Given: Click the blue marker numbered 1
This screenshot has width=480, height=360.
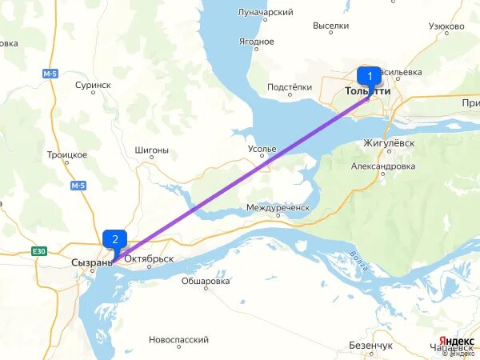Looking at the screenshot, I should point(369,77).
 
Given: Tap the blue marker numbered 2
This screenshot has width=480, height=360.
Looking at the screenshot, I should point(115,238).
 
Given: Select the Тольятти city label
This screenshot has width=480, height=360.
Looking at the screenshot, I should point(368,91).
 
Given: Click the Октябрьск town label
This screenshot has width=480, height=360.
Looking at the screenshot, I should point(149,259).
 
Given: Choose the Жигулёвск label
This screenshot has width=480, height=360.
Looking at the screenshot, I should point(389,142).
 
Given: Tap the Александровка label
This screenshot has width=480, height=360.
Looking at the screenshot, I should point(383,166).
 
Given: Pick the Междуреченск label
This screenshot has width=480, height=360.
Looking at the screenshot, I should point(277,207).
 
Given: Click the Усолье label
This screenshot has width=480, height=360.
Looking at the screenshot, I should point(262,150).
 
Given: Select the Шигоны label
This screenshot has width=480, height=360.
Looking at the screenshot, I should point(153,150).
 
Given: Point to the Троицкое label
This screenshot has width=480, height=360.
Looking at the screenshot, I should point(67,154).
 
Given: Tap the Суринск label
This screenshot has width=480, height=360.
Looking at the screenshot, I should point(93,85).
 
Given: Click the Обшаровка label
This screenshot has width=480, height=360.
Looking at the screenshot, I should point(206,282).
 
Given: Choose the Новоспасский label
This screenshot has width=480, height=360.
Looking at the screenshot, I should point(178,340).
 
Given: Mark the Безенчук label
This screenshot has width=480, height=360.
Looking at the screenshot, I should point(371,346).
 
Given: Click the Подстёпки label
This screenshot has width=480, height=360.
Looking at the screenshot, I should point(290,87).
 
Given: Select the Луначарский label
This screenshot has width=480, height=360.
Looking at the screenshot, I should point(266,13).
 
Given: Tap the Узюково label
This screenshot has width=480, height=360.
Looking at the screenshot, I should point(447,26).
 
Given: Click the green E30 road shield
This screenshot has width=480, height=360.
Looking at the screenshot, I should point(40,251).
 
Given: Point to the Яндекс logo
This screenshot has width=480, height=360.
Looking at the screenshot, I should point(457,341).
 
